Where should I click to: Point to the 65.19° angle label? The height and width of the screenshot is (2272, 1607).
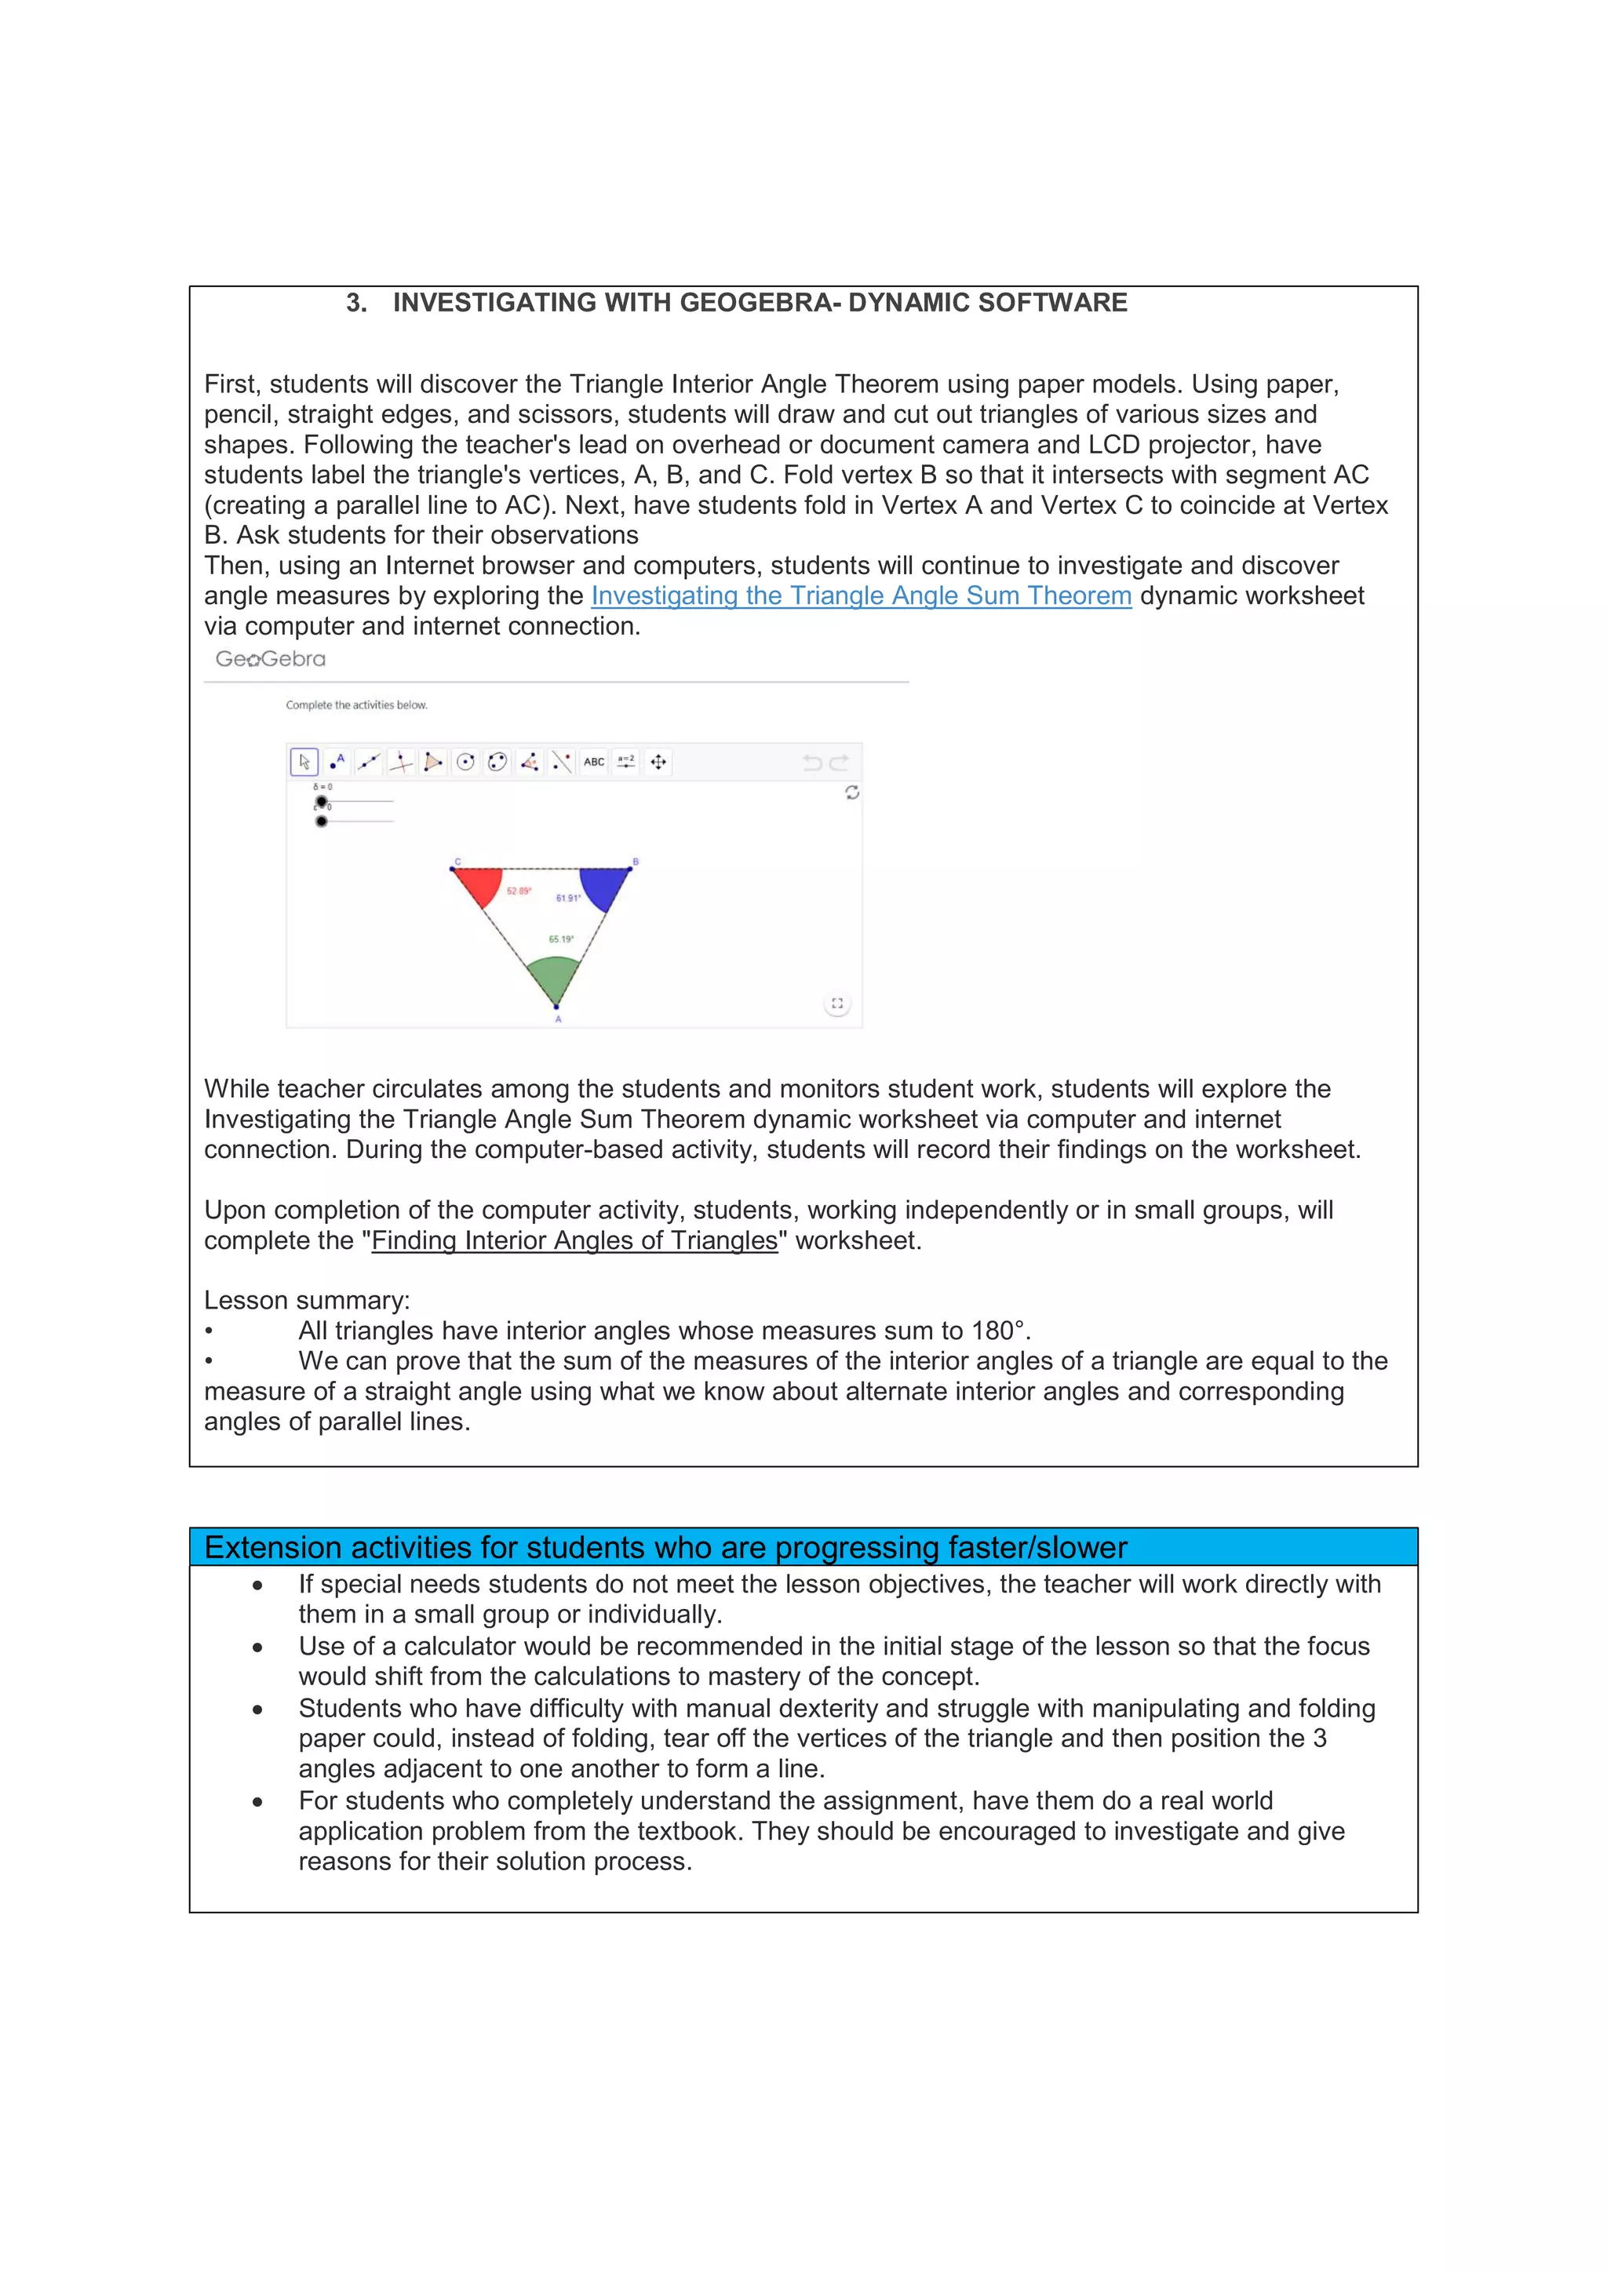point(561,939)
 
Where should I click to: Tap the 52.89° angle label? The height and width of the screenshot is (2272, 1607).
point(519,891)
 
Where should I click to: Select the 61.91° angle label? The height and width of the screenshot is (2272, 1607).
point(568,898)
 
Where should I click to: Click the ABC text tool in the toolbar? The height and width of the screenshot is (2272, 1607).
point(594,762)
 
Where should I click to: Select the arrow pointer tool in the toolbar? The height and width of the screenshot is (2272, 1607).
point(304,762)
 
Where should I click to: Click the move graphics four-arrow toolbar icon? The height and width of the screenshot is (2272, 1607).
point(658,762)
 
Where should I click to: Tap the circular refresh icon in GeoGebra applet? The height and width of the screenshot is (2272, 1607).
point(852,792)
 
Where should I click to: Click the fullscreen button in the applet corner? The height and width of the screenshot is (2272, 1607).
point(837,1003)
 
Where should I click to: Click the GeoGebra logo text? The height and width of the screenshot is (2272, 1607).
point(270,659)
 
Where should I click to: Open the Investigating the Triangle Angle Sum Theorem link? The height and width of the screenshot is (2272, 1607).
point(861,595)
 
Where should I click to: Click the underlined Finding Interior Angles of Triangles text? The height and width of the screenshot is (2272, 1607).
point(574,1241)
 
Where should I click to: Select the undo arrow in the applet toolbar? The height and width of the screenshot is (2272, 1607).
point(812,762)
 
